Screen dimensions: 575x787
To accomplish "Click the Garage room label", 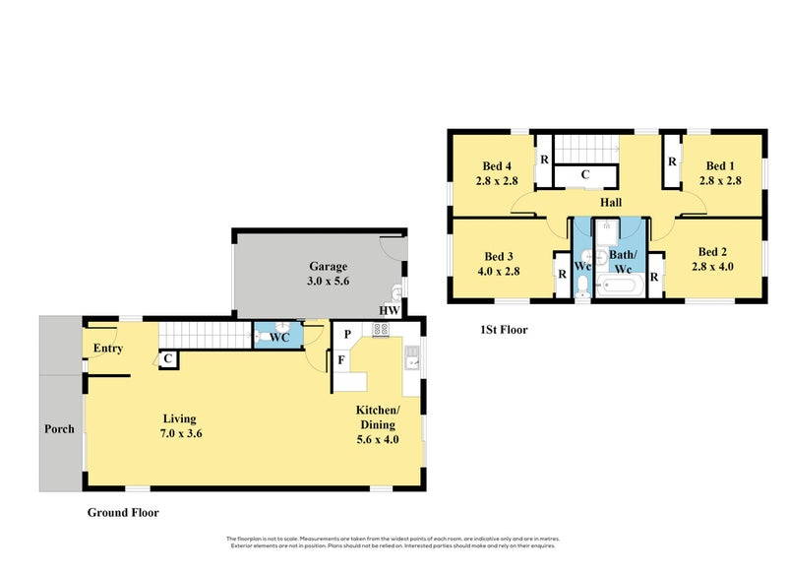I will click(x=329, y=266).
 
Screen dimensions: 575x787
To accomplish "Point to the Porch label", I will click(x=60, y=429).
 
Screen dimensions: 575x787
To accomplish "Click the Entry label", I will click(x=107, y=349).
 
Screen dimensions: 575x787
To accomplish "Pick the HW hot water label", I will click(x=390, y=310).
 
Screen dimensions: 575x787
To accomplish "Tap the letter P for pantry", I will click(x=346, y=335).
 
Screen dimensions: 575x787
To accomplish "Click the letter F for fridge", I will click(x=341, y=360).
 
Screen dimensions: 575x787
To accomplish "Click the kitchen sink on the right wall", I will click(x=413, y=358).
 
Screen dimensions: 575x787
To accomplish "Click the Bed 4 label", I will click(x=497, y=165).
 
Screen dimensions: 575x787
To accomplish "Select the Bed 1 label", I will click(x=720, y=165).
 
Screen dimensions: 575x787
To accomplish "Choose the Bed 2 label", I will click(x=712, y=251).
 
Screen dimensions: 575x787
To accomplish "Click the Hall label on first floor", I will click(x=611, y=202).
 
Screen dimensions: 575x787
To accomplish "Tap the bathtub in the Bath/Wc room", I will click(x=620, y=287).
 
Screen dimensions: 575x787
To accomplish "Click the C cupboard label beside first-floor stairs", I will click(x=584, y=175).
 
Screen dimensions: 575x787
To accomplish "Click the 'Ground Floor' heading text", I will click(x=123, y=512).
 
